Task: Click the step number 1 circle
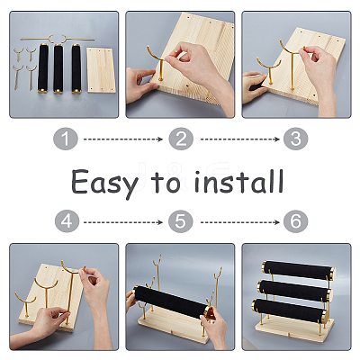[x=66, y=139]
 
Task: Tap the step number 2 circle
[x=181, y=139]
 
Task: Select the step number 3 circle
[x=296, y=139]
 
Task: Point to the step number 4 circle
[x=67, y=221]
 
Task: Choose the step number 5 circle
[x=180, y=221]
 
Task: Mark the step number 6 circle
[x=296, y=221]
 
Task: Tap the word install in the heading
[x=238, y=182]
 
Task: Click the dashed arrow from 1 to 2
[x=123, y=139]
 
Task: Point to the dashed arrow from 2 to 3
[x=240, y=139]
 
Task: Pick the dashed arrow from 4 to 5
[x=123, y=222]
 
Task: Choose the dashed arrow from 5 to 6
[x=240, y=222]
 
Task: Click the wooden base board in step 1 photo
[x=102, y=70]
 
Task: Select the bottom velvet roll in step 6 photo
[x=290, y=310]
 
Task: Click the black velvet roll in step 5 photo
[x=172, y=301]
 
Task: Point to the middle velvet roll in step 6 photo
[x=294, y=291]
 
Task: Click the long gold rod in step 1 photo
[x=58, y=39]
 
